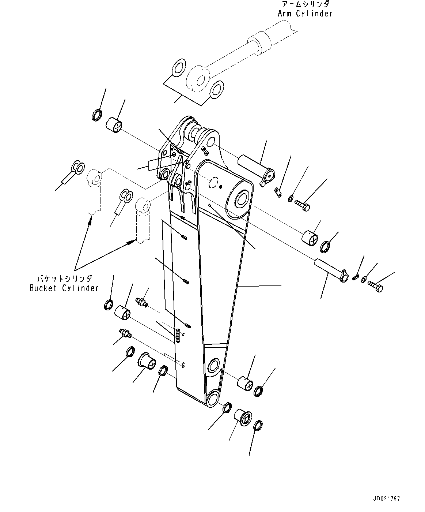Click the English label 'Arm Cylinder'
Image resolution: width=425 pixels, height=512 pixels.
click(305, 14)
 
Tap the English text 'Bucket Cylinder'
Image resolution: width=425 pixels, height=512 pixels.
click(64, 288)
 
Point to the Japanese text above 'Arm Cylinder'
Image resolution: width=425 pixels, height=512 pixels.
click(306, 4)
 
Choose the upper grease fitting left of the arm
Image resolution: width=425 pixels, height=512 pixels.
click(141, 302)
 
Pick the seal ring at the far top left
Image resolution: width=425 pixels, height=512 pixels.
click(96, 115)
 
